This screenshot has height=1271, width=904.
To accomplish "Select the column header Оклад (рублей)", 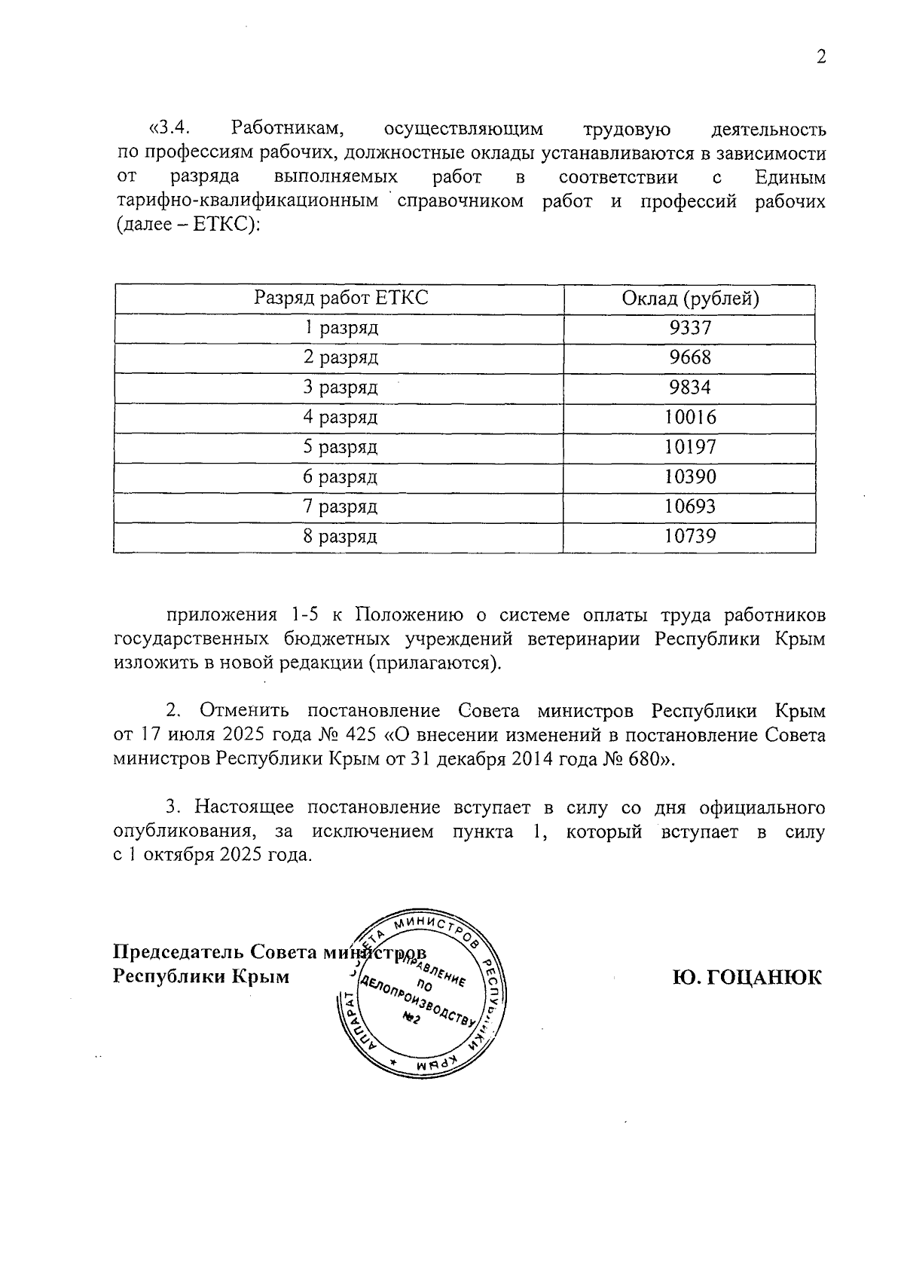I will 690,299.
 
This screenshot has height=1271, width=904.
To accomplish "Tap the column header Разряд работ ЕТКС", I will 341,299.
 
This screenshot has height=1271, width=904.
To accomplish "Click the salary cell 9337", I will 690,328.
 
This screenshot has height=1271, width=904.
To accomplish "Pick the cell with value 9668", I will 690,357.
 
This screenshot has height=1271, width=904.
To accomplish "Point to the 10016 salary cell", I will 690,417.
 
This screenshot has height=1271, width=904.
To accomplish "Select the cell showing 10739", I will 690,536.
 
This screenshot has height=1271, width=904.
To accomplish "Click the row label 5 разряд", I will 340,447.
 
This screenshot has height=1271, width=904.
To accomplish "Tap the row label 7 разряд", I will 340,507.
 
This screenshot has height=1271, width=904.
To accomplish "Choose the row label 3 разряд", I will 340,387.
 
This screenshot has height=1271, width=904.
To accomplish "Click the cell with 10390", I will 690,476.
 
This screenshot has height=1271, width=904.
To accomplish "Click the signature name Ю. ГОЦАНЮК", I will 747,978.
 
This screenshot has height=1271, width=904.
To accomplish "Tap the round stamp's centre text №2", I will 411,1018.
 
